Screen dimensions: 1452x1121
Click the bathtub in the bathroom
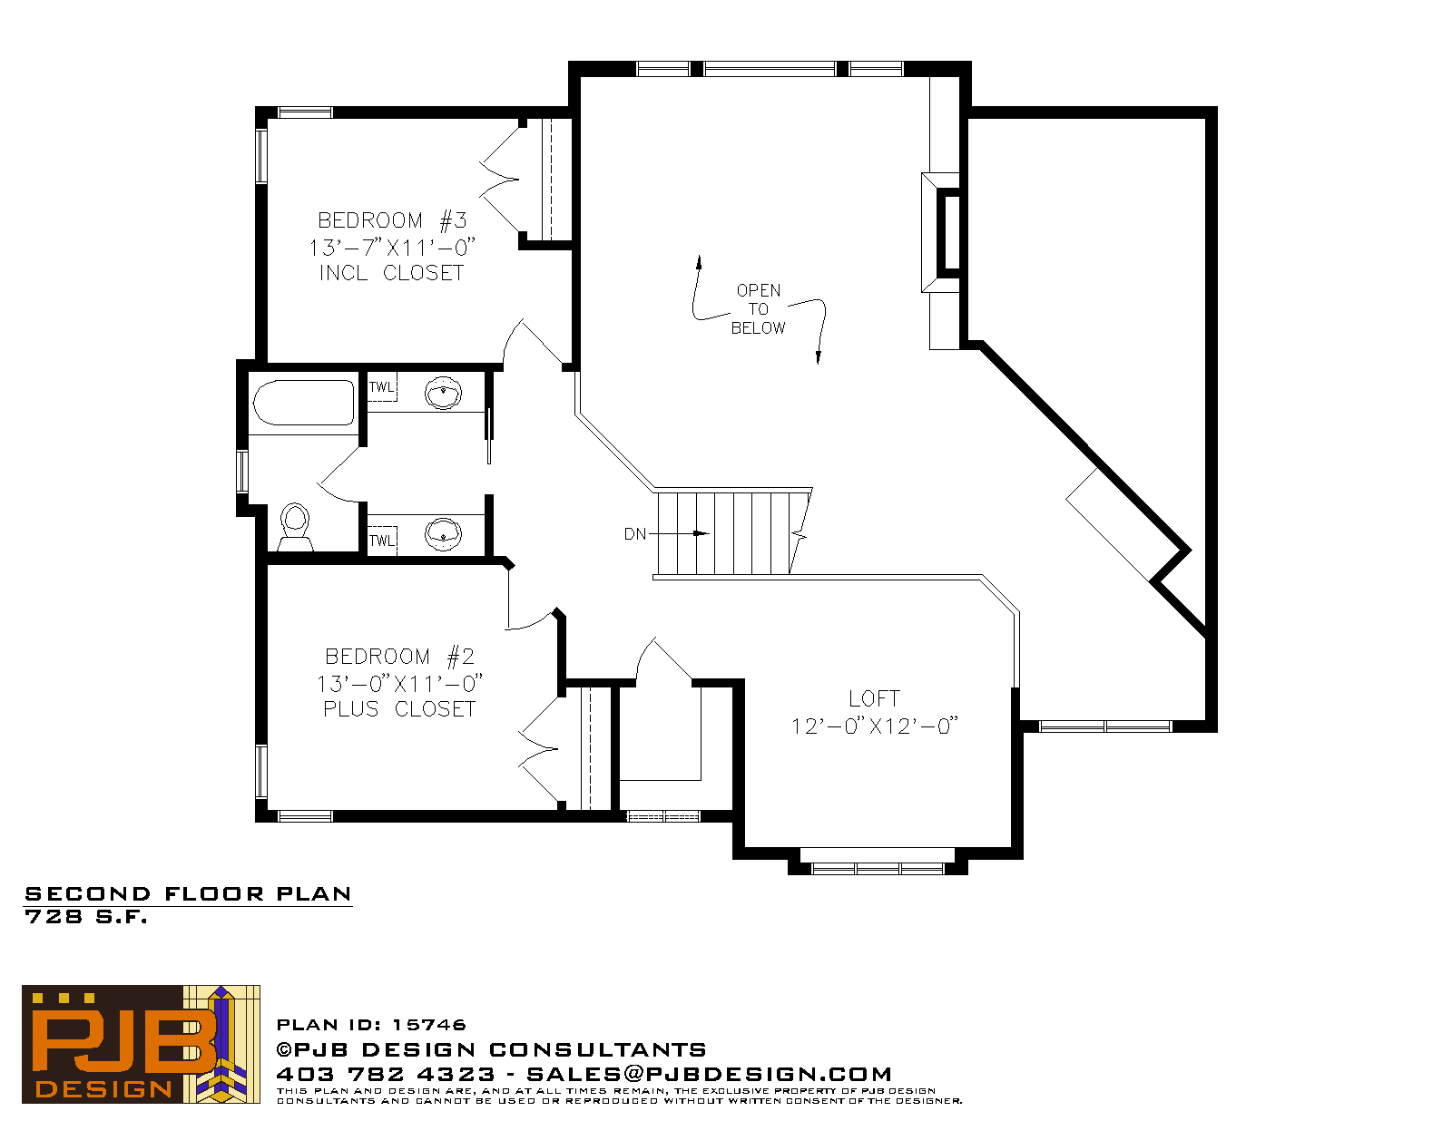pos(303,403)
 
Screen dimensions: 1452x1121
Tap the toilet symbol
pos(295,527)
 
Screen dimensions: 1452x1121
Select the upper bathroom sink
pos(443,393)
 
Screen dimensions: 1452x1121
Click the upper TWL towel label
pos(381,387)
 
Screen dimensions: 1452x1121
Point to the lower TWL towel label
pos(382,541)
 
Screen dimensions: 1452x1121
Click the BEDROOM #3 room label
pos(392,220)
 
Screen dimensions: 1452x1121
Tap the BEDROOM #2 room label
pos(399,657)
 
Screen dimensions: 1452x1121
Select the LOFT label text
pos(874,698)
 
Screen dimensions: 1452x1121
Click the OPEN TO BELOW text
pos(759,309)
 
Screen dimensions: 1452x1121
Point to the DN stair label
pos(634,534)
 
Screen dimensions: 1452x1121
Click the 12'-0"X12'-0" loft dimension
pos(875,726)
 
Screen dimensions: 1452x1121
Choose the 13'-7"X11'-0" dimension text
pos(392,248)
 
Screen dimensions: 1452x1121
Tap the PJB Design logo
pos(141,1044)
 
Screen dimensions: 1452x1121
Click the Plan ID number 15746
pos(429,1025)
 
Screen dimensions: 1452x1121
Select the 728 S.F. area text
pos(85,917)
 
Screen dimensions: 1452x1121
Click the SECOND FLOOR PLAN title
pos(188,894)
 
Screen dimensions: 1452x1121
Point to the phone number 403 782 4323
pos(386,1074)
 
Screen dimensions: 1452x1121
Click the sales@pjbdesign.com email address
pos(709,1074)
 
